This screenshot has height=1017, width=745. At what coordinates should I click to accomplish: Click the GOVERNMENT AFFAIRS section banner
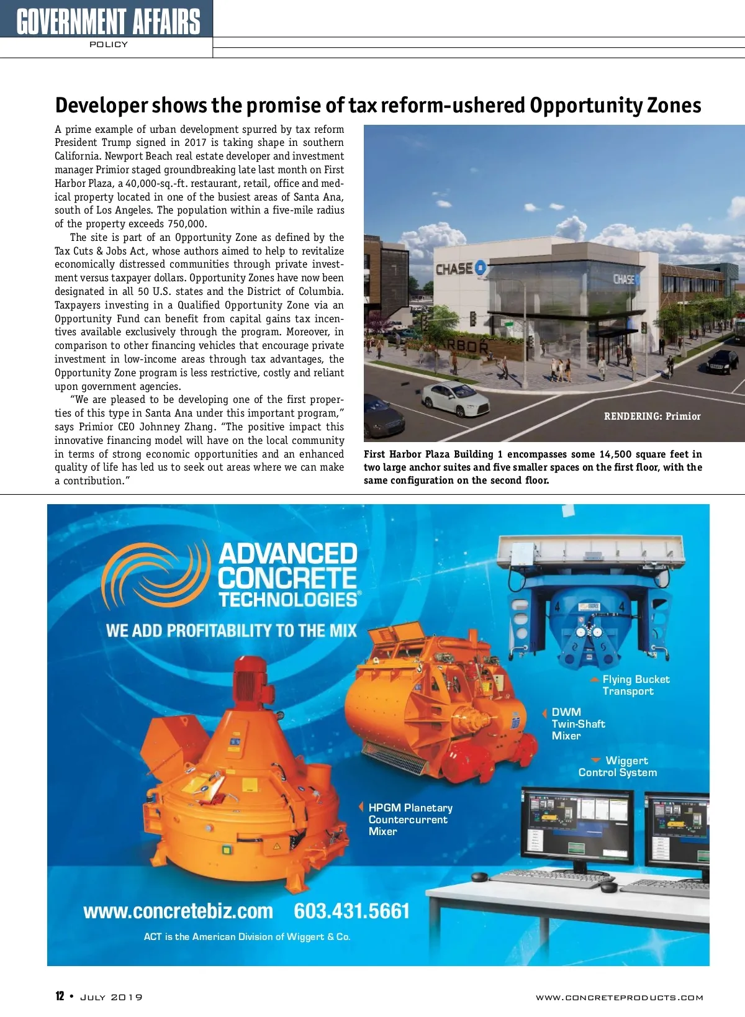pos(108,20)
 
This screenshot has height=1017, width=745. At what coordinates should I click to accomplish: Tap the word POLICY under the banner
pos(109,45)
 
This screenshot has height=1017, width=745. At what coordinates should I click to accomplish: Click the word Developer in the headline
pos(101,106)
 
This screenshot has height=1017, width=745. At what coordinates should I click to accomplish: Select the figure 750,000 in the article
pos(187,224)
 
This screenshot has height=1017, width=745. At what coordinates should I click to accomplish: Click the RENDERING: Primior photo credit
pos(652,416)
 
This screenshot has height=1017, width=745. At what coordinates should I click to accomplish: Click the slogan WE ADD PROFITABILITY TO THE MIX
pos(231,631)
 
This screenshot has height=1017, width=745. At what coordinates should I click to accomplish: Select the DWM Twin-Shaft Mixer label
pos(577,724)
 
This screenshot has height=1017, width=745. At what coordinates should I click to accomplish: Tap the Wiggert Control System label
pos(618,767)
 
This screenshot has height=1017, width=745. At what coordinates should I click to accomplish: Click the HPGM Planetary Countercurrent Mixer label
pos(410,820)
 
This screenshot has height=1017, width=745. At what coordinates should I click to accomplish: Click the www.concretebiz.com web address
pos(178,911)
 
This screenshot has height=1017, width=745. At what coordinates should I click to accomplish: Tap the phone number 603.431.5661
pos(352,911)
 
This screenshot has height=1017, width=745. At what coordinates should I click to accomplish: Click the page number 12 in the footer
pos(60,996)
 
